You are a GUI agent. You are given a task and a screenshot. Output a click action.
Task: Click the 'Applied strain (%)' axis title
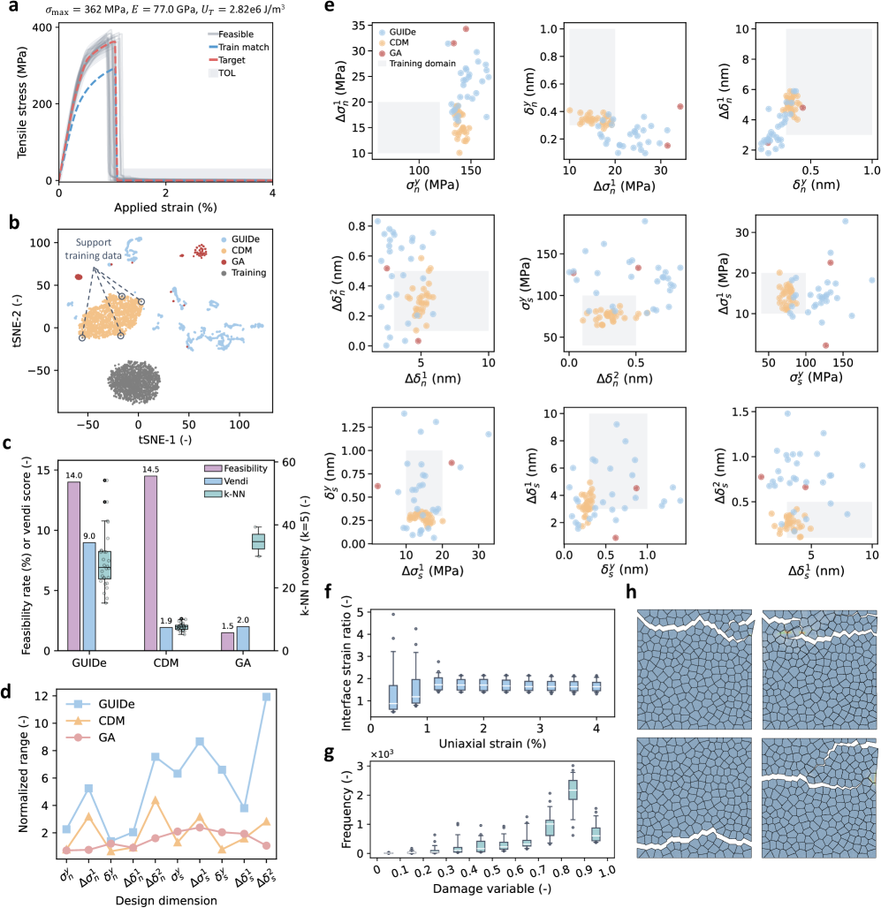pyautogui.click(x=166, y=210)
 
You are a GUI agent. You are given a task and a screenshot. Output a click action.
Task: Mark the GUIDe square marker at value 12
pyautogui.click(x=266, y=697)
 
